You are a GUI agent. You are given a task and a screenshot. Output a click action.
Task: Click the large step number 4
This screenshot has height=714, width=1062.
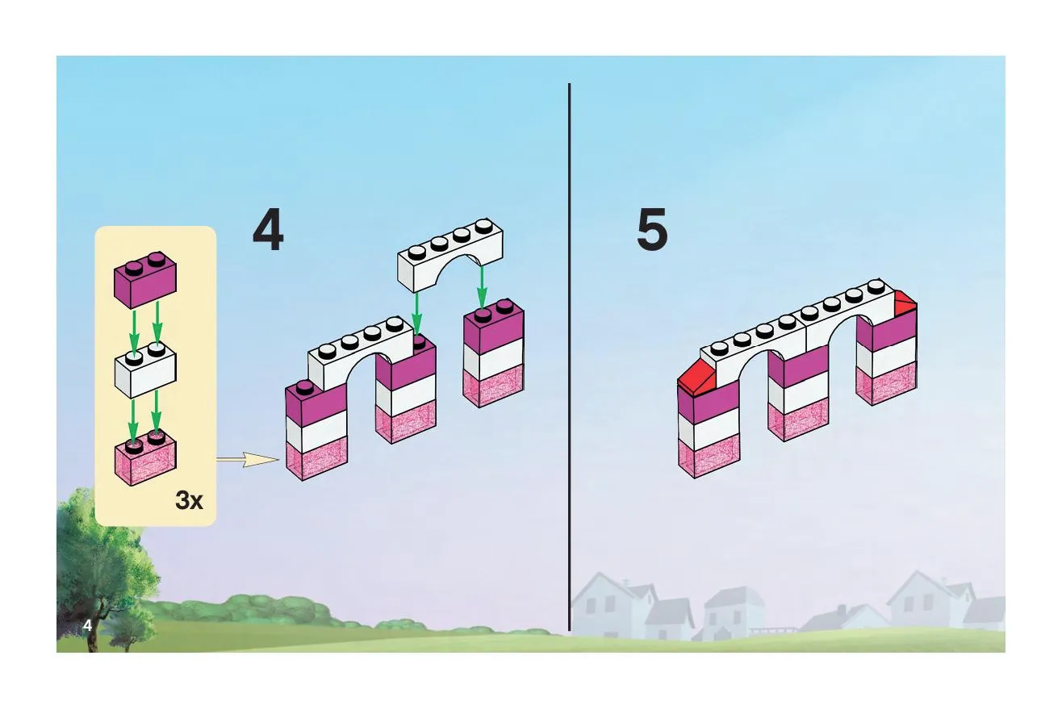tap(269, 229)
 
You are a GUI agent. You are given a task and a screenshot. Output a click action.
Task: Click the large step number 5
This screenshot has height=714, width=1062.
tap(652, 229)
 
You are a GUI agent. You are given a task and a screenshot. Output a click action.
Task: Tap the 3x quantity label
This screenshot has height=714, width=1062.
tap(189, 500)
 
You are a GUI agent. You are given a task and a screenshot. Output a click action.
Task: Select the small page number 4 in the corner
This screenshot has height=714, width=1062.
tap(87, 625)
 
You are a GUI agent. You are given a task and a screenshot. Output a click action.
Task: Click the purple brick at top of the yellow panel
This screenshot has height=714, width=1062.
tap(145, 279)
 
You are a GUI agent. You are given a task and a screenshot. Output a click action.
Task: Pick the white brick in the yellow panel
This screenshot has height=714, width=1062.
tap(145, 370)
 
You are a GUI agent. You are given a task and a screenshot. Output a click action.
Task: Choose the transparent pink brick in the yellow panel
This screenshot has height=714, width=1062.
tap(145, 457)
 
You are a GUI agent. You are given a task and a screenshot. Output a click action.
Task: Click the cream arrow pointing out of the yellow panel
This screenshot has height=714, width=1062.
tap(248, 459)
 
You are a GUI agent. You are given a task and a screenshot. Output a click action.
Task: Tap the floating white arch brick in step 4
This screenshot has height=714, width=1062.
tap(450, 255)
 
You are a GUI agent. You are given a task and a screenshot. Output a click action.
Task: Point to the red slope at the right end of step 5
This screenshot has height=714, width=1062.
tap(905, 303)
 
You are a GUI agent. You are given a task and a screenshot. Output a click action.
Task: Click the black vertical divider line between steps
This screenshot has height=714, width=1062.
tap(570, 357)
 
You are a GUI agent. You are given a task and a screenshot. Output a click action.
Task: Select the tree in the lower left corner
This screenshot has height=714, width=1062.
tap(105, 569)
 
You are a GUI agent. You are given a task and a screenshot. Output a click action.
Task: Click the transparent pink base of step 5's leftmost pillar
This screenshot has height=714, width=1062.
tap(709, 456)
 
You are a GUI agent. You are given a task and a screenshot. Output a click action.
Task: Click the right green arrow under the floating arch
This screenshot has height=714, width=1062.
tap(482, 287)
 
